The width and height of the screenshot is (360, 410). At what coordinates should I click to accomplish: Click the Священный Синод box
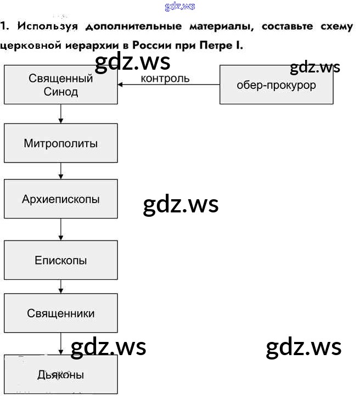[60, 85]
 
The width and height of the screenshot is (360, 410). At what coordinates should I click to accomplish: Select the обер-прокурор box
[276, 85]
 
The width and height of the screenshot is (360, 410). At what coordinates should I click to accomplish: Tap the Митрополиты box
[60, 143]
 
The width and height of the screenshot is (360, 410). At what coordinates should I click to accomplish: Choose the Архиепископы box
[60, 199]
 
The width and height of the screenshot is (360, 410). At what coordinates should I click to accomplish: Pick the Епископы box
[60, 260]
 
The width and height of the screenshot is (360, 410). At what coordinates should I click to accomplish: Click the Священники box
[60, 313]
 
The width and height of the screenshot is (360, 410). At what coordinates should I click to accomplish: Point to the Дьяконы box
[60, 375]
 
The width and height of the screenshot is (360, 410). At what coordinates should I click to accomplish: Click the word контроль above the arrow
[165, 78]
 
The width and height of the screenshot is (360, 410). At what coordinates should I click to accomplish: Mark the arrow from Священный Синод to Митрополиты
[61, 114]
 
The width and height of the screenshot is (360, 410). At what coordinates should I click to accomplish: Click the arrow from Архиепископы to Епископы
[61, 229]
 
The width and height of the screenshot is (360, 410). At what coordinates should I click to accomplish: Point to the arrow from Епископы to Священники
[61, 287]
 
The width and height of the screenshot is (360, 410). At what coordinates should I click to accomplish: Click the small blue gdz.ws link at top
[179, 7]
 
